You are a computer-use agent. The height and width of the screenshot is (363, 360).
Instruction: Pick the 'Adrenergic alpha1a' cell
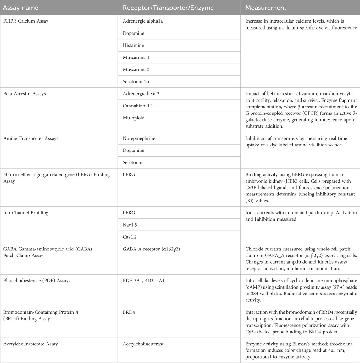[142, 21]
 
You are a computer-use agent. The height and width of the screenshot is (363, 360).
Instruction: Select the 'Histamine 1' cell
[135, 45]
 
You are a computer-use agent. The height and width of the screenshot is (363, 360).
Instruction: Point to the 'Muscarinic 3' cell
[136, 69]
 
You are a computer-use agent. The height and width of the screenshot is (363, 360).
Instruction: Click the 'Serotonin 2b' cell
[136, 81]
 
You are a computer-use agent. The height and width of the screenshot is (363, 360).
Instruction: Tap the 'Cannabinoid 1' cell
[138, 106]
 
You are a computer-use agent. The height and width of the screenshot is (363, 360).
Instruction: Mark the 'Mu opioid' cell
[134, 118]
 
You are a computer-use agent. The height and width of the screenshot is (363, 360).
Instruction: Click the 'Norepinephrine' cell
[139, 138]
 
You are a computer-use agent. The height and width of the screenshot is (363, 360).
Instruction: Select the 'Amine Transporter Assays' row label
[31, 138]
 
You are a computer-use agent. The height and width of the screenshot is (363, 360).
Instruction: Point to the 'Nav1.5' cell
[131, 224]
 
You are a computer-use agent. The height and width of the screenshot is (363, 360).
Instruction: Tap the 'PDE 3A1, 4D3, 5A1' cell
[144, 281]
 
